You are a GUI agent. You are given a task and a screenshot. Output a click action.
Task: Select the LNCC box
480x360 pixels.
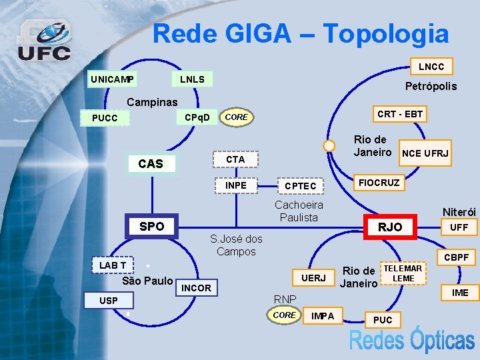click(431, 67)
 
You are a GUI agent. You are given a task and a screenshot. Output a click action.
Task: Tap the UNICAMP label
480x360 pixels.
click(112, 80)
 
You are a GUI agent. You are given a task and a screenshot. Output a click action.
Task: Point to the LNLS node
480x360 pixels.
click(192, 80)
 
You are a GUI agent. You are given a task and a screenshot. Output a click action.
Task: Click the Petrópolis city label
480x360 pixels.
click(431, 86)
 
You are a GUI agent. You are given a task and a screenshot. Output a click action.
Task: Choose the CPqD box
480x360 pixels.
click(197, 118)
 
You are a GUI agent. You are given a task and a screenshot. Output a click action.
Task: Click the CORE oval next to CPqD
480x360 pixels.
click(237, 117)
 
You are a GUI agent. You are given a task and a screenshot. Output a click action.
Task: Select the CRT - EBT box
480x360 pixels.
click(399, 114)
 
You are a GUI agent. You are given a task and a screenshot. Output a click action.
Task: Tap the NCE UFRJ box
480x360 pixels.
click(424, 154)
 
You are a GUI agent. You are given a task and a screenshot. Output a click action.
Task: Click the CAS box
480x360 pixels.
click(151, 163)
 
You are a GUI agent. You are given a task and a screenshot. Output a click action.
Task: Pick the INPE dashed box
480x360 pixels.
click(236, 185)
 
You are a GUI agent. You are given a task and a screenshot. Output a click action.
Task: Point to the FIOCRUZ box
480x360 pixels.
click(379, 183)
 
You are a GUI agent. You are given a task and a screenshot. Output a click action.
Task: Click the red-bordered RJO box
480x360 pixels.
click(389, 227)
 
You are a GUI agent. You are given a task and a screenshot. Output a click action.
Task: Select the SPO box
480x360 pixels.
click(151, 226)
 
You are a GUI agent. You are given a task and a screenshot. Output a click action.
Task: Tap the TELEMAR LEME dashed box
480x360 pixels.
click(403, 273)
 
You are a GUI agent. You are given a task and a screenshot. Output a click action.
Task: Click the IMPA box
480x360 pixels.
click(323, 315)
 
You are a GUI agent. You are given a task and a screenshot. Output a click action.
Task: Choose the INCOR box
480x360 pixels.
click(196, 288)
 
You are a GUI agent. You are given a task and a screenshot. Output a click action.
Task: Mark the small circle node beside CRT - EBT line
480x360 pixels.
click(329, 146)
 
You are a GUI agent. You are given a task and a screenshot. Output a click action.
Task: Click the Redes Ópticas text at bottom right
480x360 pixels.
click(411, 341)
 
